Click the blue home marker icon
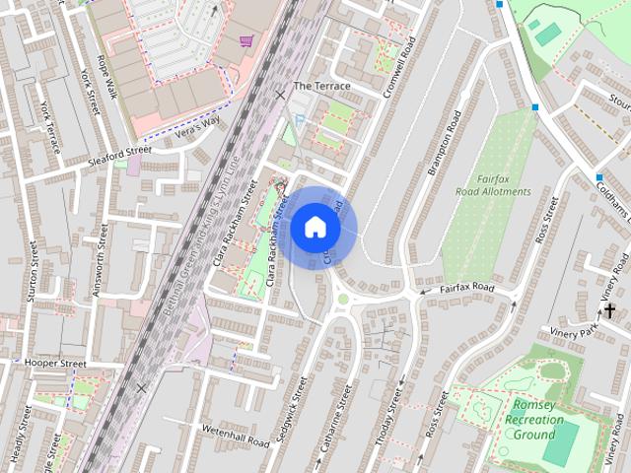point(315,228)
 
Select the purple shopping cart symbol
point(245,40)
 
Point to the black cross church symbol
point(609,311)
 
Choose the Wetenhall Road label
point(235,436)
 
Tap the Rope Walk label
point(106,77)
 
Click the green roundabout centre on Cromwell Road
point(343,298)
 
